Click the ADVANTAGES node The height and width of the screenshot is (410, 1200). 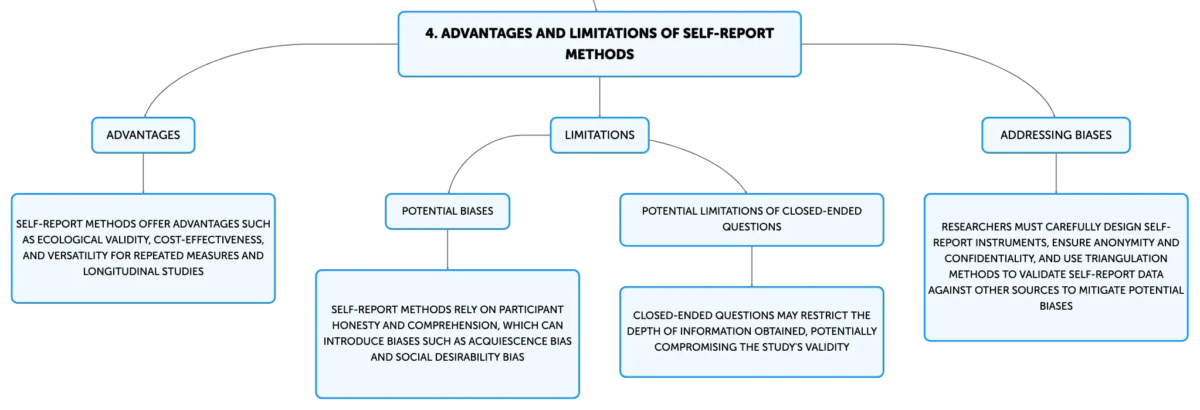(x=143, y=135)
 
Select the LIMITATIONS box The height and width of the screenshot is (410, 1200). (x=599, y=135)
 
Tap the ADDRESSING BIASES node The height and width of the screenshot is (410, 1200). (x=1056, y=135)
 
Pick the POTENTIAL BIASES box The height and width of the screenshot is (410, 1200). (x=448, y=211)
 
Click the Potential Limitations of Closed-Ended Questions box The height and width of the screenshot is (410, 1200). (x=752, y=219)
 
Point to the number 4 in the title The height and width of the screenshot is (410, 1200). (x=431, y=33)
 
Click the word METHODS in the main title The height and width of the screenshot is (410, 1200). (x=599, y=55)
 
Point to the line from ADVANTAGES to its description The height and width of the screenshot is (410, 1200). (x=143, y=174)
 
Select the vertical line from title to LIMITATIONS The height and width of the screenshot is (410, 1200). (x=599, y=97)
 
